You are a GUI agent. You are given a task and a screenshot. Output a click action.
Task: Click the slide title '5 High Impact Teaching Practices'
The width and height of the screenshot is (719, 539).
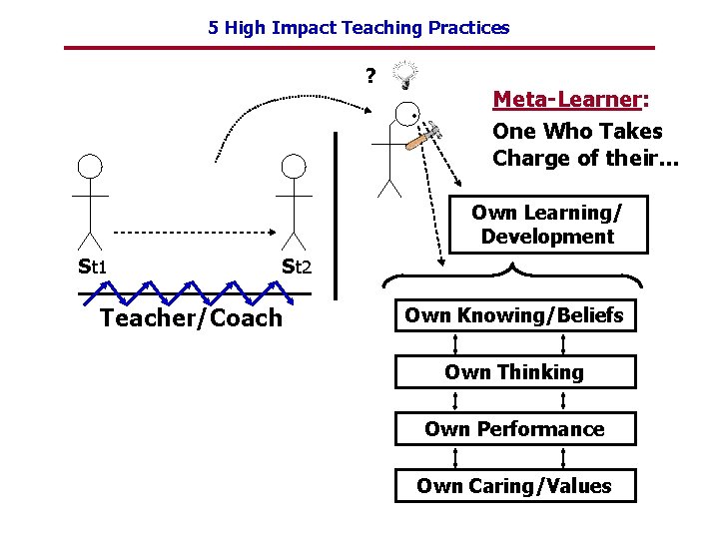click(x=359, y=28)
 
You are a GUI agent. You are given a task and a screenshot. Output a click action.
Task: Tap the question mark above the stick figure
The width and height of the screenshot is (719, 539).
click(x=370, y=76)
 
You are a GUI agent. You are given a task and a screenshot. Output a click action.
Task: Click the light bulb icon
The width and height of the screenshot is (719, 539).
click(x=406, y=73)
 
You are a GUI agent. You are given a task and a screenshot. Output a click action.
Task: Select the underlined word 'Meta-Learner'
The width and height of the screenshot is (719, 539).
click(x=565, y=100)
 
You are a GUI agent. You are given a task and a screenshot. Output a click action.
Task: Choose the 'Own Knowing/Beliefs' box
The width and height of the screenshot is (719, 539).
click(x=513, y=315)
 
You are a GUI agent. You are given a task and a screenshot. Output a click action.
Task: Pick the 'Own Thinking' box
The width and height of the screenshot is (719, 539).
click(x=513, y=372)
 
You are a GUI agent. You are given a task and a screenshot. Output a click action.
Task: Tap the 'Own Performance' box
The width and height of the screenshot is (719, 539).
click(x=513, y=429)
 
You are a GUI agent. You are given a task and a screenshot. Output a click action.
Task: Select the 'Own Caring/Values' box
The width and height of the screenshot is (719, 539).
click(x=513, y=486)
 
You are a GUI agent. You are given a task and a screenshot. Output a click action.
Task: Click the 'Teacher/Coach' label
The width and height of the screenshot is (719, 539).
click(x=192, y=318)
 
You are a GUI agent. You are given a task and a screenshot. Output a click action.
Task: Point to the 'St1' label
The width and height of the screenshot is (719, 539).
click(x=93, y=267)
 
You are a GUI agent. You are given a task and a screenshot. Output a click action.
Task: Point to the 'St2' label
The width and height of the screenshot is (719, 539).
click(x=297, y=267)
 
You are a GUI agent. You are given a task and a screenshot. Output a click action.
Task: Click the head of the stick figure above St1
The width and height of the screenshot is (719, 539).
click(x=91, y=167)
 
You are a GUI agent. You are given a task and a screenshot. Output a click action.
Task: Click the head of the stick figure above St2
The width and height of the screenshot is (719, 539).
click(x=293, y=167)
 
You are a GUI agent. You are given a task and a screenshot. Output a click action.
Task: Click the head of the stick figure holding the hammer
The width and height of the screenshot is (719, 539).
click(x=407, y=115)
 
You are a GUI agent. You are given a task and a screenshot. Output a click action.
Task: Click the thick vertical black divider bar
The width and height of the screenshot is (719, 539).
click(x=337, y=215)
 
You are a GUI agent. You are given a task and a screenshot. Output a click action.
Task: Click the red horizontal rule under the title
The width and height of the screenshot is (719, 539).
click(x=359, y=48)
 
